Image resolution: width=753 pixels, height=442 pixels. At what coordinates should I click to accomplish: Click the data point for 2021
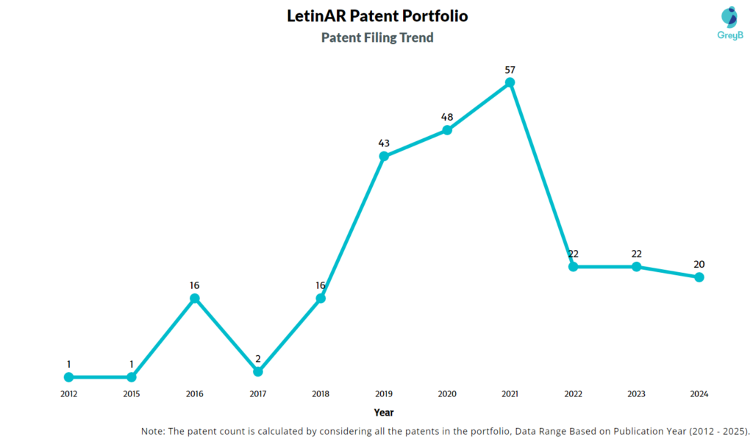(x=510, y=82)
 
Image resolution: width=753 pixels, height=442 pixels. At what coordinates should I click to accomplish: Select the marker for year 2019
(x=384, y=156)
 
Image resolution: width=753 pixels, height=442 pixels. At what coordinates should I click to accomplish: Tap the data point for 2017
(x=257, y=371)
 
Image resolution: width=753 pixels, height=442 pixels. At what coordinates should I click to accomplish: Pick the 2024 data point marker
(x=699, y=277)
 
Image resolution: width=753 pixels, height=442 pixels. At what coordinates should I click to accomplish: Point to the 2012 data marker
(x=68, y=377)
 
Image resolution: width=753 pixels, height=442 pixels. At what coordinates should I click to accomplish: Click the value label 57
(x=510, y=70)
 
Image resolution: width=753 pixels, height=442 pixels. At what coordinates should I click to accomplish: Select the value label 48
(x=446, y=117)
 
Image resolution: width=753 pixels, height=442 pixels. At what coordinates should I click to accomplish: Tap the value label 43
(x=384, y=143)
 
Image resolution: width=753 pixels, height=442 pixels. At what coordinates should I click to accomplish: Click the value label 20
(x=699, y=265)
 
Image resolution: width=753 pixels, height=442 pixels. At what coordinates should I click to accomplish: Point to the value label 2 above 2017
(x=257, y=359)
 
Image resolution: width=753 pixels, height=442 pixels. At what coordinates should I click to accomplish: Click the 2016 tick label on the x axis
(x=194, y=394)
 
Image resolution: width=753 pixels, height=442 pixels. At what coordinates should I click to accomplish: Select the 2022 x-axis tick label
(x=573, y=394)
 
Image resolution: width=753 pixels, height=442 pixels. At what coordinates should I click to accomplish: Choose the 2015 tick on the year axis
(x=131, y=394)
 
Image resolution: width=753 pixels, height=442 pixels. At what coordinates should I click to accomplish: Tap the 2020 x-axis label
(x=446, y=394)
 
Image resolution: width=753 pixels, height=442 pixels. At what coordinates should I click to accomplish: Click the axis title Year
(x=383, y=413)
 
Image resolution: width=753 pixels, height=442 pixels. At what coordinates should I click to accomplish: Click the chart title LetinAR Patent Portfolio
(x=377, y=16)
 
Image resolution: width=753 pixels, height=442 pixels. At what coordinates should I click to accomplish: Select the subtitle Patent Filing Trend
(x=377, y=38)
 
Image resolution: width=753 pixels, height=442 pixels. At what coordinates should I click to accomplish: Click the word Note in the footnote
(x=153, y=430)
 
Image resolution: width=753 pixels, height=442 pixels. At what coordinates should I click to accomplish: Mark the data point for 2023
(x=636, y=266)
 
